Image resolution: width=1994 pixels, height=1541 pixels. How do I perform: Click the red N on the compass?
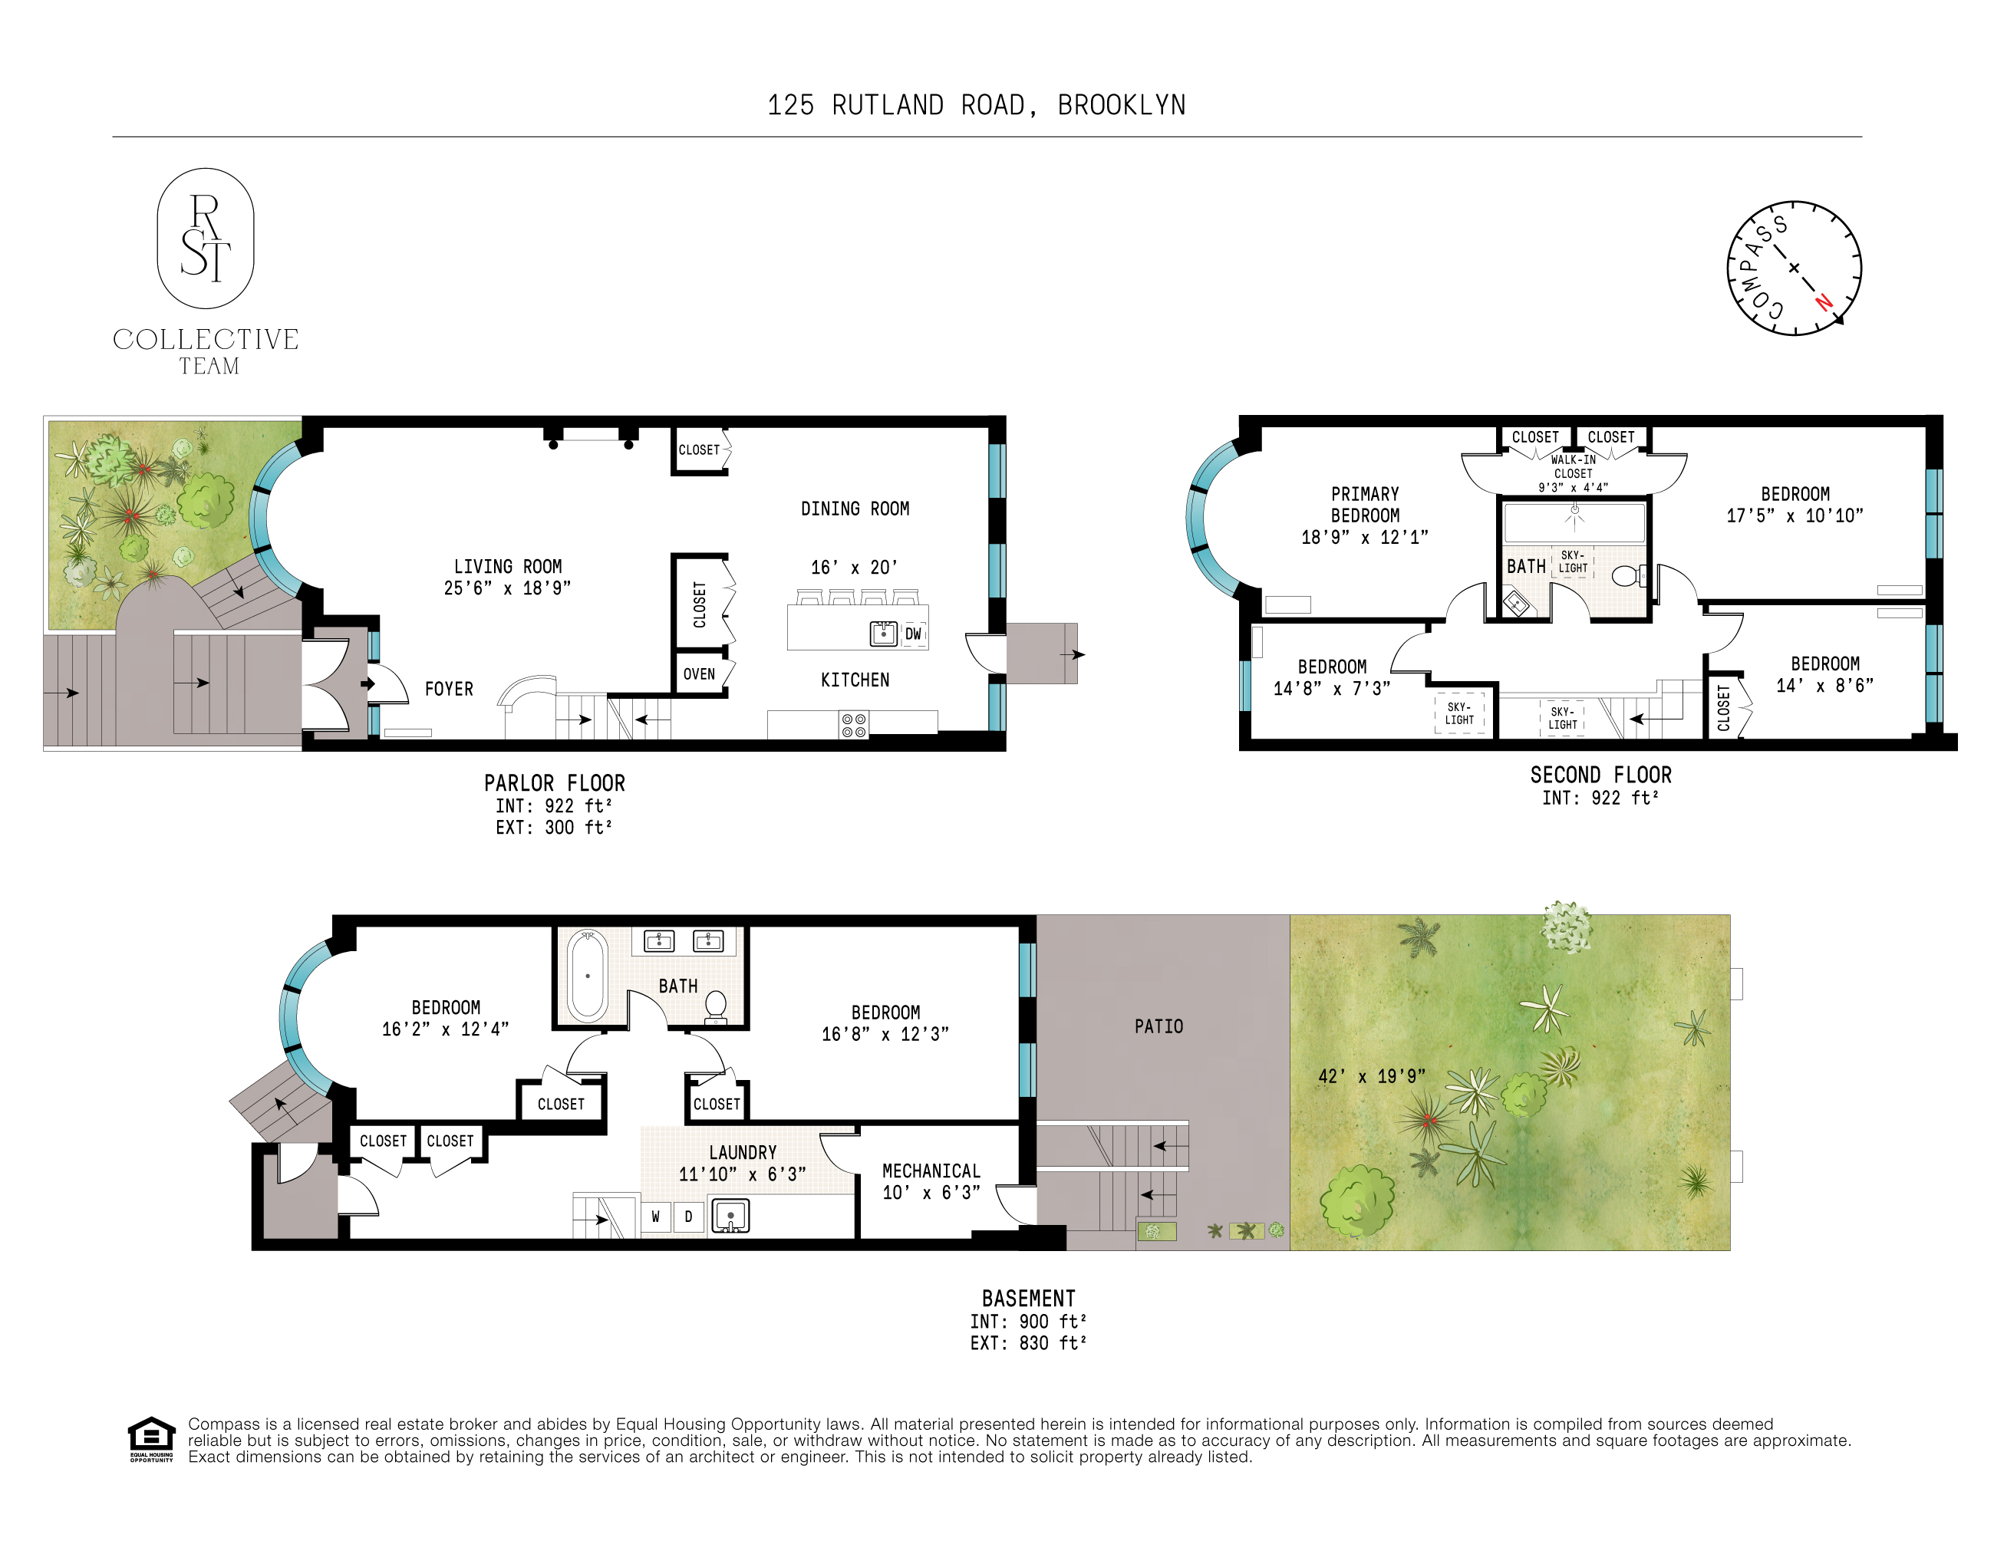point(1823,301)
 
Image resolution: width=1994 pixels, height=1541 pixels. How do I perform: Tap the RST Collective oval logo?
point(206,239)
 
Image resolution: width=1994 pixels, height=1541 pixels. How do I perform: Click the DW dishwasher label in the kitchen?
point(913,634)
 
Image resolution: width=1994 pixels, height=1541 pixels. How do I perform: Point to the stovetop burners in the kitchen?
point(854,726)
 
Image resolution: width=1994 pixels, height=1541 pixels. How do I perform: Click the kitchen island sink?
point(883,633)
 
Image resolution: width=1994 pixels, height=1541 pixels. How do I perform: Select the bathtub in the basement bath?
point(587,976)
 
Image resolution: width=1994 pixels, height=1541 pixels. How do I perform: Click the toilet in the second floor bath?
point(1626,576)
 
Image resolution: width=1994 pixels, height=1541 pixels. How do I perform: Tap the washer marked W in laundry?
point(655,1217)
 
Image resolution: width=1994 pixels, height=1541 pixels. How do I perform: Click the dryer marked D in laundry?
point(688,1217)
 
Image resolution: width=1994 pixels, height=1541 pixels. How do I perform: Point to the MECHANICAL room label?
point(931,1171)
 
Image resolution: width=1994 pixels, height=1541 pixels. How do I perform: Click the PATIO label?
point(1158,1027)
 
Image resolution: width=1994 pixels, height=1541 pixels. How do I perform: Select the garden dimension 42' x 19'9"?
point(1371,1076)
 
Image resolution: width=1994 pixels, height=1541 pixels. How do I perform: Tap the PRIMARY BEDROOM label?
point(1365,505)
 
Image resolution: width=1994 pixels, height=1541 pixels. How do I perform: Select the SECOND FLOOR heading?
point(1600,775)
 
